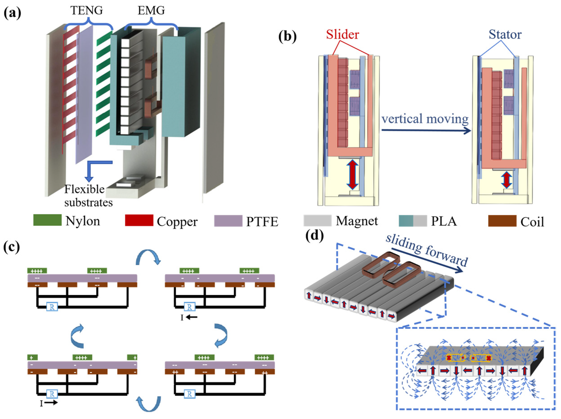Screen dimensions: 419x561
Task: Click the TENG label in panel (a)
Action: (x=87, y=11)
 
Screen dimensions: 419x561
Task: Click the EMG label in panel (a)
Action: (x=151, y=11)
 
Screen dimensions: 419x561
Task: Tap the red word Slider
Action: (x=342, y=34)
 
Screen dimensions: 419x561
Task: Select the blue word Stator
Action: (x=505, y=34)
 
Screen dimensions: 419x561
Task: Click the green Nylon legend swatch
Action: (x=47, y=220)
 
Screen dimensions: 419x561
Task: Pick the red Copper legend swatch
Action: (x=139, y=220)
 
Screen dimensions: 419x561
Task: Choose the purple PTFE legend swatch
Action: (x=228, y=220)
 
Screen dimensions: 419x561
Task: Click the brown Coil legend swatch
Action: (x=502, y=221)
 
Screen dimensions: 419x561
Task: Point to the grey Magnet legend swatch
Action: (x=317, y=220)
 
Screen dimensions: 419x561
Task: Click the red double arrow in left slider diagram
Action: (x=352, y=175)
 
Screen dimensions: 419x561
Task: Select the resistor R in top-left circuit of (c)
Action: (x=52, y=307)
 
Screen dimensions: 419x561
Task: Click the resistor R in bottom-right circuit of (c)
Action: (x=189, y=394)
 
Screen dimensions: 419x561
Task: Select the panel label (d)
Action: (x=314, y=236)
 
